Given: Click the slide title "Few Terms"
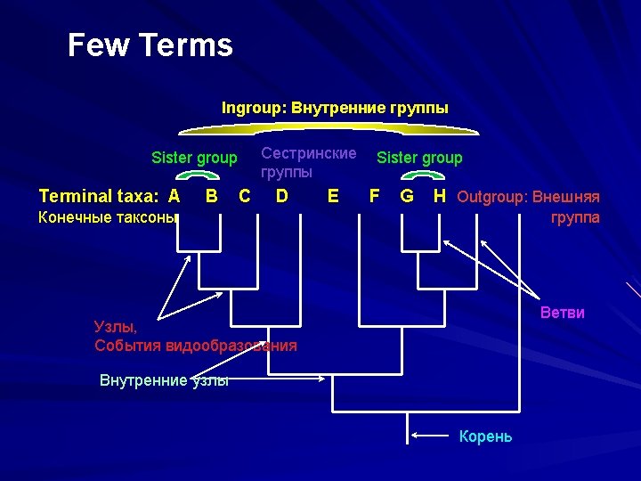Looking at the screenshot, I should tap(150, 45).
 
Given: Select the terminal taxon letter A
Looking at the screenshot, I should tap(174, 196).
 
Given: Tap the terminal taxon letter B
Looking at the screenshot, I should tap(212, 195).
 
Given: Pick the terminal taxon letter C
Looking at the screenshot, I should tap(245, 195).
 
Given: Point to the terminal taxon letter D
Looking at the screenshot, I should tap(281, 195).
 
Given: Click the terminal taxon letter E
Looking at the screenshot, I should tap(333, 195).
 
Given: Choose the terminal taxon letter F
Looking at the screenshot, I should tap(375, 195).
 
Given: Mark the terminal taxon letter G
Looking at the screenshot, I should tap(407, 195).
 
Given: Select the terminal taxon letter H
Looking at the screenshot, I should tap(440, 195).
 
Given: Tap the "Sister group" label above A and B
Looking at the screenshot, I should tap(194, 158).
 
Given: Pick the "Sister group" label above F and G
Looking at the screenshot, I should tap(419, 158).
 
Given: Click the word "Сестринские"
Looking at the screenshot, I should tap(308, 152).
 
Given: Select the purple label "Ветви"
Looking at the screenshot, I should tap(563, 313).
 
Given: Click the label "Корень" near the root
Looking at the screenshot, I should tap(485, 436).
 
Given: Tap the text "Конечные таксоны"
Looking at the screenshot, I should tap(109, 216).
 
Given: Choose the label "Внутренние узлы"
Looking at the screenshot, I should tap(164, 380).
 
